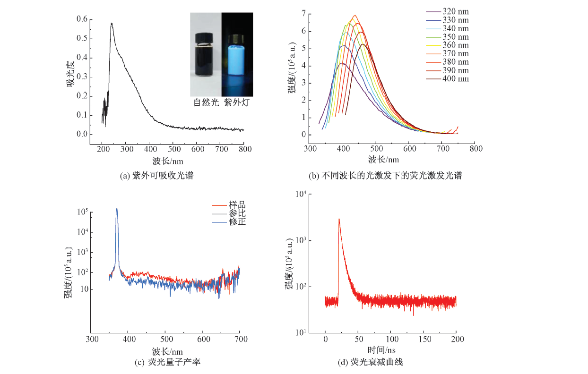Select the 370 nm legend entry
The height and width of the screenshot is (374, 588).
pos(456,53)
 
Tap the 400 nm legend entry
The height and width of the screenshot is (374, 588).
pos(456,78)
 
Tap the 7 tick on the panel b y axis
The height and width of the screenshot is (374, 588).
pos(304,14)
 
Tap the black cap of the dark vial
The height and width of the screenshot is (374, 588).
pos(206,36)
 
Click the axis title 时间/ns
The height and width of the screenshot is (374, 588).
pos(382,350)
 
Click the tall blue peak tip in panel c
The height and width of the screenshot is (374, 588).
pos(117,209)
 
